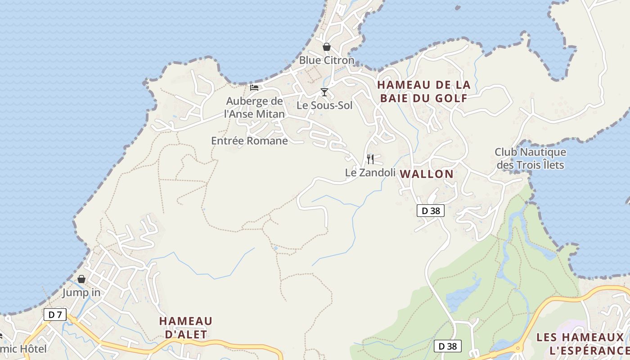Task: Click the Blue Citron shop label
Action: point(327,60)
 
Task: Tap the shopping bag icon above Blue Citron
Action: point(327,47)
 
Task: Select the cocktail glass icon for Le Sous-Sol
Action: point(324,92)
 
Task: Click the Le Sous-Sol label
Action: point(324,105)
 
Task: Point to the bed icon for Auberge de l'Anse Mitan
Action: point(254,87)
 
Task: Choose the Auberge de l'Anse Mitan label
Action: point(255,108)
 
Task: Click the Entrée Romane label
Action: point(249,141)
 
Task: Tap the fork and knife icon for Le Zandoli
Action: point(370,159)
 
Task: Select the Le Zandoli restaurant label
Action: point(370,172)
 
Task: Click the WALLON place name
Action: point(427,174)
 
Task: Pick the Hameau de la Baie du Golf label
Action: point(423,91)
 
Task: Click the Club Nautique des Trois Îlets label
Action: point(530,158)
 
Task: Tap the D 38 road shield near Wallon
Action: point(431,211)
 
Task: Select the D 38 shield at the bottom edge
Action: point(448,346)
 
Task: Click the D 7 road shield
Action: point(55,315)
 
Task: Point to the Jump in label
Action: point(81,292)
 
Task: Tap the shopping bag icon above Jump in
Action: point(81,279)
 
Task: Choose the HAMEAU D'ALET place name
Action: point(185,328)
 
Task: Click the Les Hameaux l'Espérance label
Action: point(581,344)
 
